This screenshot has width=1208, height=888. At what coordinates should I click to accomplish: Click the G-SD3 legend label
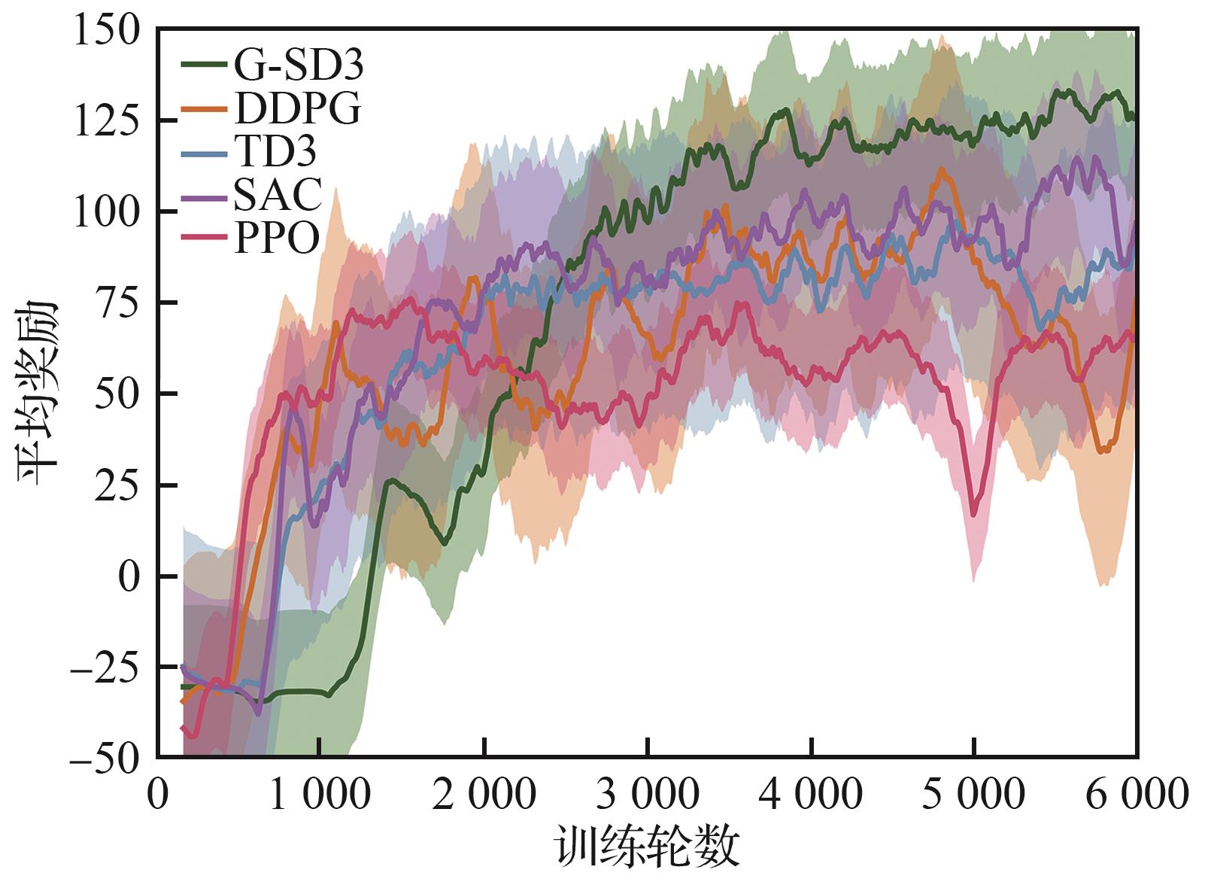[298, 65]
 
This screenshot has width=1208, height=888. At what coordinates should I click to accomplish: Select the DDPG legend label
[298, 110]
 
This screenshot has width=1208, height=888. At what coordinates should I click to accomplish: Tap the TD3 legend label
[275, 153]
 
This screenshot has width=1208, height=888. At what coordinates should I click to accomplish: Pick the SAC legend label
[278, 195]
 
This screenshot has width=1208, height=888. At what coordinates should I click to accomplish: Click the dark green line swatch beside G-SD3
[205, 65]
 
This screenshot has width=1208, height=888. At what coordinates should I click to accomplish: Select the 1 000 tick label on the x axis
[320, 795]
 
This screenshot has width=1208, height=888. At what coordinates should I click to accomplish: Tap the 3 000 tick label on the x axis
[648, 795]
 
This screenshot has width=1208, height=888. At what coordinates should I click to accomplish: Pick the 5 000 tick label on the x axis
[974, 795]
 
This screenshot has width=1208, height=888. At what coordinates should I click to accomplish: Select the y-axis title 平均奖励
[38, 393]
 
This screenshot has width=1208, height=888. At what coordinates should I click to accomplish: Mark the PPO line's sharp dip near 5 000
[974, 514]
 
